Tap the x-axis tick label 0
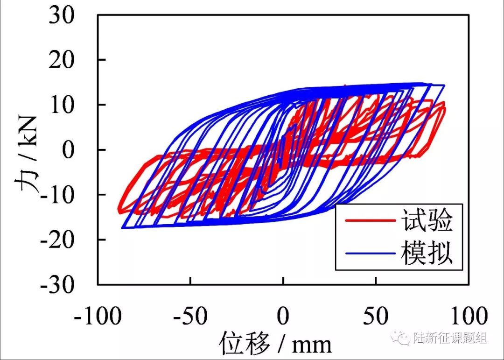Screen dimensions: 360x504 [x=283, y=317]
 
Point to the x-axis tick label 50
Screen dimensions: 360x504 [x=376, y=317]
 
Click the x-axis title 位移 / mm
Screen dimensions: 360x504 [x=275, y=344]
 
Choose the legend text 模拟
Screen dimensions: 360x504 [x=427, y=254]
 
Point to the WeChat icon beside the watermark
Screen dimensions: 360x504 [x=401, y=337]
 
